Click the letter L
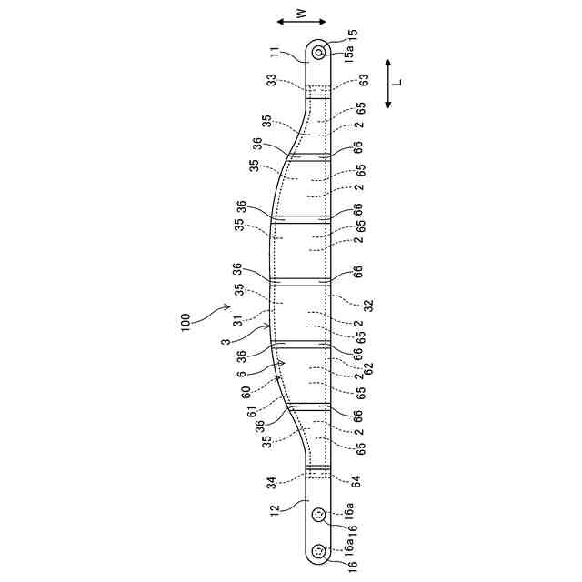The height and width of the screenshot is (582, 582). click(x=400, y=84)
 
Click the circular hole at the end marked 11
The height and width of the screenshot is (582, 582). click(x=319, y=53)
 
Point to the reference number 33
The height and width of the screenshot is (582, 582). click(x=272, y=80)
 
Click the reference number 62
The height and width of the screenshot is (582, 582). click(x=368, y=367)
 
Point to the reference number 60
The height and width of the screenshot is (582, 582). click(x=246, y=392)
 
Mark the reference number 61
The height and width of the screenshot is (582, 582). click(x=254, y=411)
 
